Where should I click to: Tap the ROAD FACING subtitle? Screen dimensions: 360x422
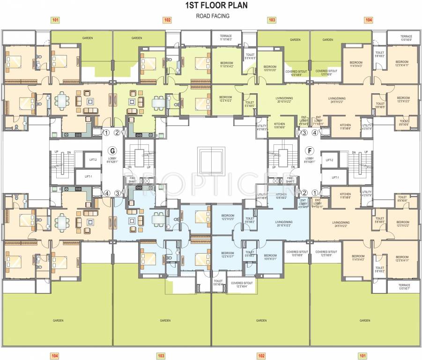[x=213, y=16]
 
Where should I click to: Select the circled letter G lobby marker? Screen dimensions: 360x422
[x=111, y=151]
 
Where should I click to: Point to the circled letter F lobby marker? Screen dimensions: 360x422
[x=309, y=151]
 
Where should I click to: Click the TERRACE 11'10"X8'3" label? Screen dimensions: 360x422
[x=226, y=38]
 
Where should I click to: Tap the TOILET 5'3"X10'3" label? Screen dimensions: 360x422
[x=250, y=56]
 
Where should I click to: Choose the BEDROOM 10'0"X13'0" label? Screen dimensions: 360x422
[x=270, y=68]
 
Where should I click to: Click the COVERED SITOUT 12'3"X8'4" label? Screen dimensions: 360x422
[x=242, y=285]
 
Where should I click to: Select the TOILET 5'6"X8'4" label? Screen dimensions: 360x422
[x=218, y=285]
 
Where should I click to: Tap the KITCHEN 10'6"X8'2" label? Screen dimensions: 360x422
[x=281, y=195]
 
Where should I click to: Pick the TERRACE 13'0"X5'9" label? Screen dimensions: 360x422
[x=406, y=38]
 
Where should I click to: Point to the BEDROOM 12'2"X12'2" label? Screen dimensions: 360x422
[x=227, y=99]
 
